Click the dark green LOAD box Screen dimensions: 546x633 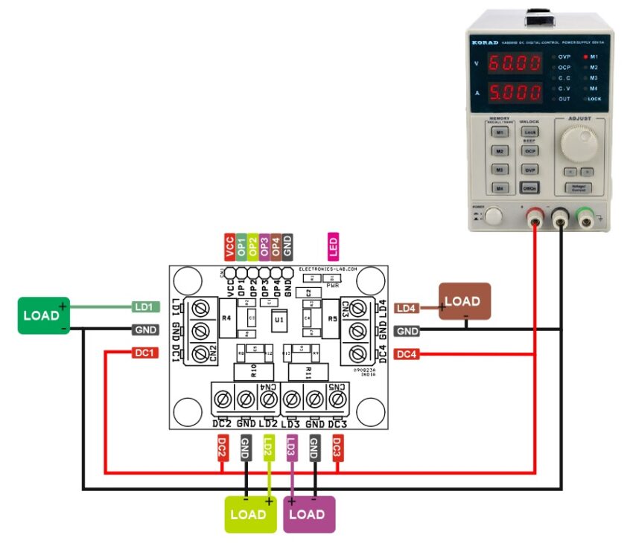coord(42,315)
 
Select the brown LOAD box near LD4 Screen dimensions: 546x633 coord(464,301)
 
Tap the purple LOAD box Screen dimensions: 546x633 coord(309,514)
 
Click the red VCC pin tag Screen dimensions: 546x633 coord(229,246)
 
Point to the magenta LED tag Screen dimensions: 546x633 coord(333,246)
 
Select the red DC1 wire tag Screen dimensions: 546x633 coord(144,353)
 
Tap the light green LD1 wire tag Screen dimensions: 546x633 coord(144,306)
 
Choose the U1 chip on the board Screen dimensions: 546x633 coord(279,320)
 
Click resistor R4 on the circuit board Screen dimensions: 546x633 coord(226,318)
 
